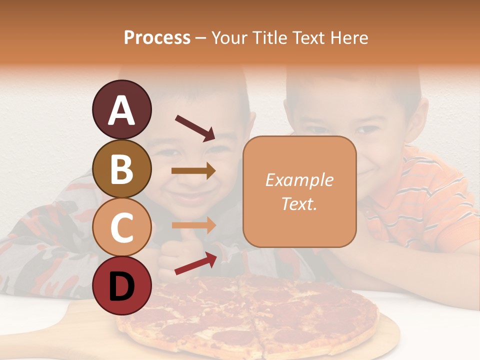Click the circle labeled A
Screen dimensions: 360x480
pyautogui.click(x=121, y=109)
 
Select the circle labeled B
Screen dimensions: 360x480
pyautogui.click(x=121, y=168)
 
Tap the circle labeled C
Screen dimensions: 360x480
pyautogui.click(x=121, y=227)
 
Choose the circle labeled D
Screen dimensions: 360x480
pyautogui.click(x=121, y=285)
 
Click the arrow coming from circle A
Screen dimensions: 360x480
pyautogui.click(x=194, y=127)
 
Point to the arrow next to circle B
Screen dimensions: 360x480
pyautogui.click(x=193, y=170)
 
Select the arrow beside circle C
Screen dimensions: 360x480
pyautogui.click(x=193, y=225)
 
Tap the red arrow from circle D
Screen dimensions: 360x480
pyautogui.click(x=195, y=263)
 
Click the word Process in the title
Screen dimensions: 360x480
pyautogui.click(x=157, y=37)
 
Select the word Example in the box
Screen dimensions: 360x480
pyautogui.click(x=299, y=180)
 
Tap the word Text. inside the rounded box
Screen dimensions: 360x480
pyautogui.click(x=299, y=203)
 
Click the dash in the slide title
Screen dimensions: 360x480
pyautogui.click(x=200, y=38)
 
